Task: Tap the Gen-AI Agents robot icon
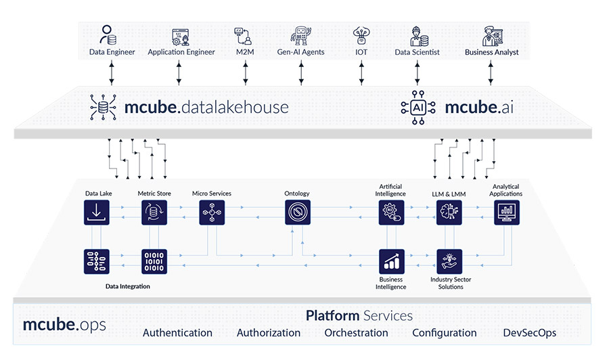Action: click(x=301, y=35)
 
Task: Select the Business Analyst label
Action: click(x=492, y=52)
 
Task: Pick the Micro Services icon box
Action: click(x=212, y=212)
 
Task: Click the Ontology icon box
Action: click(x=297, y=212)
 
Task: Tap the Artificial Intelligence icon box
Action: click(x=390, y=212)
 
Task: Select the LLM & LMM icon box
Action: click(x=448, y=212)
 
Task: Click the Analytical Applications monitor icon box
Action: click(x=506, y=212)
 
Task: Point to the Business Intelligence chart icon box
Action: click(x=390, y=261)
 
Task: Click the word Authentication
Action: click(x=177, y=333)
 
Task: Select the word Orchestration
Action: click(x=356, y=333)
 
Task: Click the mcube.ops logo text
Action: click(x=64, y=324)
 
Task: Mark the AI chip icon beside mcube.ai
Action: click(x=414, y=107)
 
